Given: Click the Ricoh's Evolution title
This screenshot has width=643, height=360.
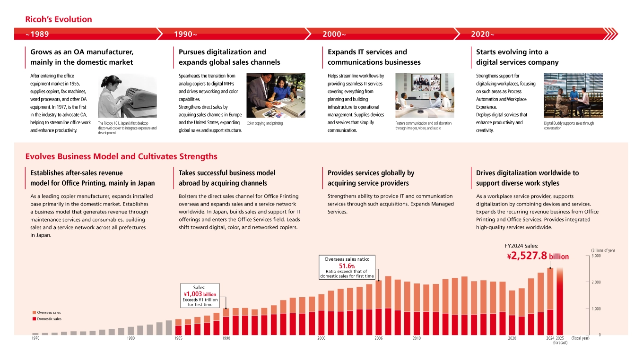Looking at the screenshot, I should pos(59,19).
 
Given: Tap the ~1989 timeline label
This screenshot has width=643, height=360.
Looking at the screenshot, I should pos(38,34).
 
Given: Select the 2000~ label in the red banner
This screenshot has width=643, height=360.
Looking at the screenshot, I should pos(334,34).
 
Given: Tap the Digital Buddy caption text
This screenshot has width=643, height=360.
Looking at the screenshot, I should pos(569,125).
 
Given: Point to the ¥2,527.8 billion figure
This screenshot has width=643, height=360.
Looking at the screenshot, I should pos(538,256).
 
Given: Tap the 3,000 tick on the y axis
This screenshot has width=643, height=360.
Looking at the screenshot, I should pos(596,256).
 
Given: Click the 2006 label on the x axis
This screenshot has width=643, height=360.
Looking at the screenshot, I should pos(378,338).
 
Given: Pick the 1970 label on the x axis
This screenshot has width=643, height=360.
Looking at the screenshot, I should pos(35,338).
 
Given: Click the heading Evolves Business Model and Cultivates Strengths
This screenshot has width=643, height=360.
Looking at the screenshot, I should pos(121,156).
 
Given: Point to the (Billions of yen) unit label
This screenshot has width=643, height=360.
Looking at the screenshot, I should pos(603,250).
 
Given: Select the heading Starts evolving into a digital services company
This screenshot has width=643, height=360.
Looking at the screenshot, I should pos(517,57).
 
